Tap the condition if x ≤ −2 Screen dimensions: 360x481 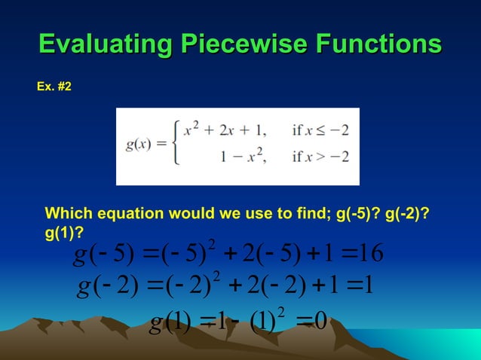[320, 130]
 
